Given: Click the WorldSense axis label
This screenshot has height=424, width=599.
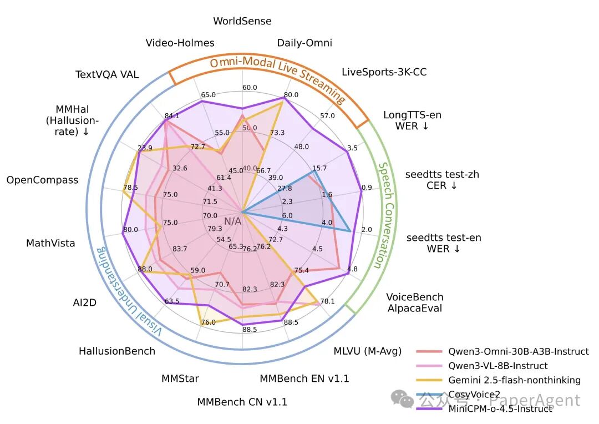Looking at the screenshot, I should click(x=242, y=22).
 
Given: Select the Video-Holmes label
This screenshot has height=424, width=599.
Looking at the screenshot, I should click(x=180, y=43).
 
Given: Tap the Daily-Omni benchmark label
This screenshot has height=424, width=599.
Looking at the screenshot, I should click(x=304, y=43).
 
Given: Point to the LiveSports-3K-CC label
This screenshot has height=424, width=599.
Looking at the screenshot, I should click(x=384, y=72).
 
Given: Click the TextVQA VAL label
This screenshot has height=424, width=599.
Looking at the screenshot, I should click(x=107, y=75).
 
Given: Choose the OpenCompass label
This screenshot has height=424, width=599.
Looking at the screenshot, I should click(x=42, y=180).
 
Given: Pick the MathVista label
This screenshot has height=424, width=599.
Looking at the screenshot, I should click(x=50, y=243).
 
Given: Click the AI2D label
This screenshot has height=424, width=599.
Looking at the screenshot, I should click(x=85, y=302).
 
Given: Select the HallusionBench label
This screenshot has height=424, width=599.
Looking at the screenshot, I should click(x=116, y=351).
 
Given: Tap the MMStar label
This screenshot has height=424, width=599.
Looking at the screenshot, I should click(x=180, y=378).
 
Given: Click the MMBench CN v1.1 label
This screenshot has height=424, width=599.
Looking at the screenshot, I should click(x=242, y=402).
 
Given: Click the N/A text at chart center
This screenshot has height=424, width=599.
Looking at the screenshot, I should click(x=232, y=221).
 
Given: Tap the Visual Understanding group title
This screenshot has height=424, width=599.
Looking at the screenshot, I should click(x=128, y=294).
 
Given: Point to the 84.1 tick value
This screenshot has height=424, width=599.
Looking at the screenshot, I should click(x=172, y=116).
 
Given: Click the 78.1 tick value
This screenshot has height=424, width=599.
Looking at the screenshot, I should click(x=328, y=301).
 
